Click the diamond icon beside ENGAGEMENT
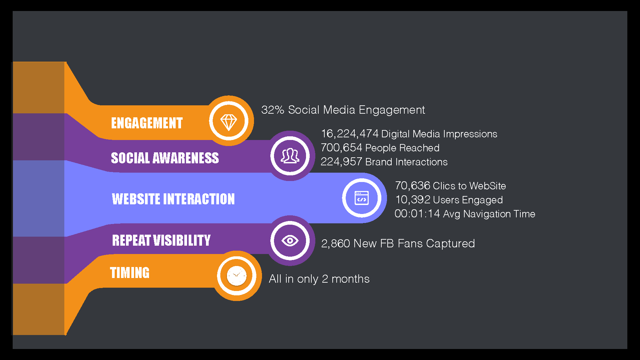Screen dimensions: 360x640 click(x=229, y=122)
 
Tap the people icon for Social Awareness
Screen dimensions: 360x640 click(x=290, y=156)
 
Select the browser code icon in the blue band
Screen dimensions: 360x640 click(x=362, y=198)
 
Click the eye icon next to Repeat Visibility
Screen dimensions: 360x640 click(x=290, y=240)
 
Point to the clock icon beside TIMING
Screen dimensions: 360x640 click(x=237, y=276)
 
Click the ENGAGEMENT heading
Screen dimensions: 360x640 click(x=147, y=123)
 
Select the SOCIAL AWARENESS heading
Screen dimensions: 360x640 click(x=165, y=158)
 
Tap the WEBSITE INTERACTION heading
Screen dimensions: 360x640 click(x=173, y=199)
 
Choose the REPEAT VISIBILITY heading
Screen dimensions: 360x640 click(x=161, y=240)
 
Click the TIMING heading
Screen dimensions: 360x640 click(x=130, y=273)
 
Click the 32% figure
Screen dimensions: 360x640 click(x=273, y=110)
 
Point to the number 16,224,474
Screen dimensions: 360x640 click(x=350, y=134)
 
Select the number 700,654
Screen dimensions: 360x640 click(x=341, y=148)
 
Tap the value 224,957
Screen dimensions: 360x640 click(x=341, y=162)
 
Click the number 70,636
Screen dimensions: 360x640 click(x=412, y=186)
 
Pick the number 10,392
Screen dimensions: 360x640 click(x=413, y=200)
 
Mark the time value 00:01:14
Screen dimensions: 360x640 click(x=417, y=214)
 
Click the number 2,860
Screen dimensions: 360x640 click(x=335, y=244)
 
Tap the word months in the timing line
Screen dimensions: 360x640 click(x=350, y=279)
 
